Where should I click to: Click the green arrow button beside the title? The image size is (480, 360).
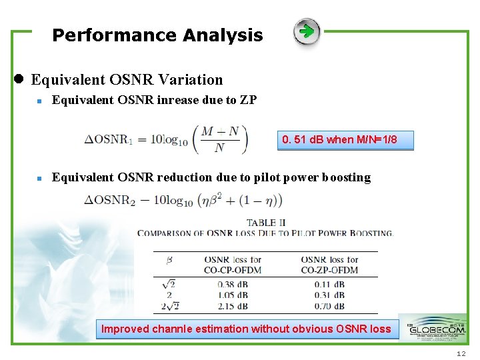[307, 32]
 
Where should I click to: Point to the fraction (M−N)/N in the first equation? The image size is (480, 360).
[219, 139]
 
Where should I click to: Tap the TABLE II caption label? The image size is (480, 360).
[265, 223]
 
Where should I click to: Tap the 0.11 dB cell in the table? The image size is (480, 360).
[329, 284]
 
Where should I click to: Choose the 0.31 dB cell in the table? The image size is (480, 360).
[329, 295]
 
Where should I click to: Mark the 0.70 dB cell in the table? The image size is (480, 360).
[329, 306]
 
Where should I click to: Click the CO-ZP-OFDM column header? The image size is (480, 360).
[329, 265]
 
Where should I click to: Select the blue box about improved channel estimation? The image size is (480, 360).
[246, 329]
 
